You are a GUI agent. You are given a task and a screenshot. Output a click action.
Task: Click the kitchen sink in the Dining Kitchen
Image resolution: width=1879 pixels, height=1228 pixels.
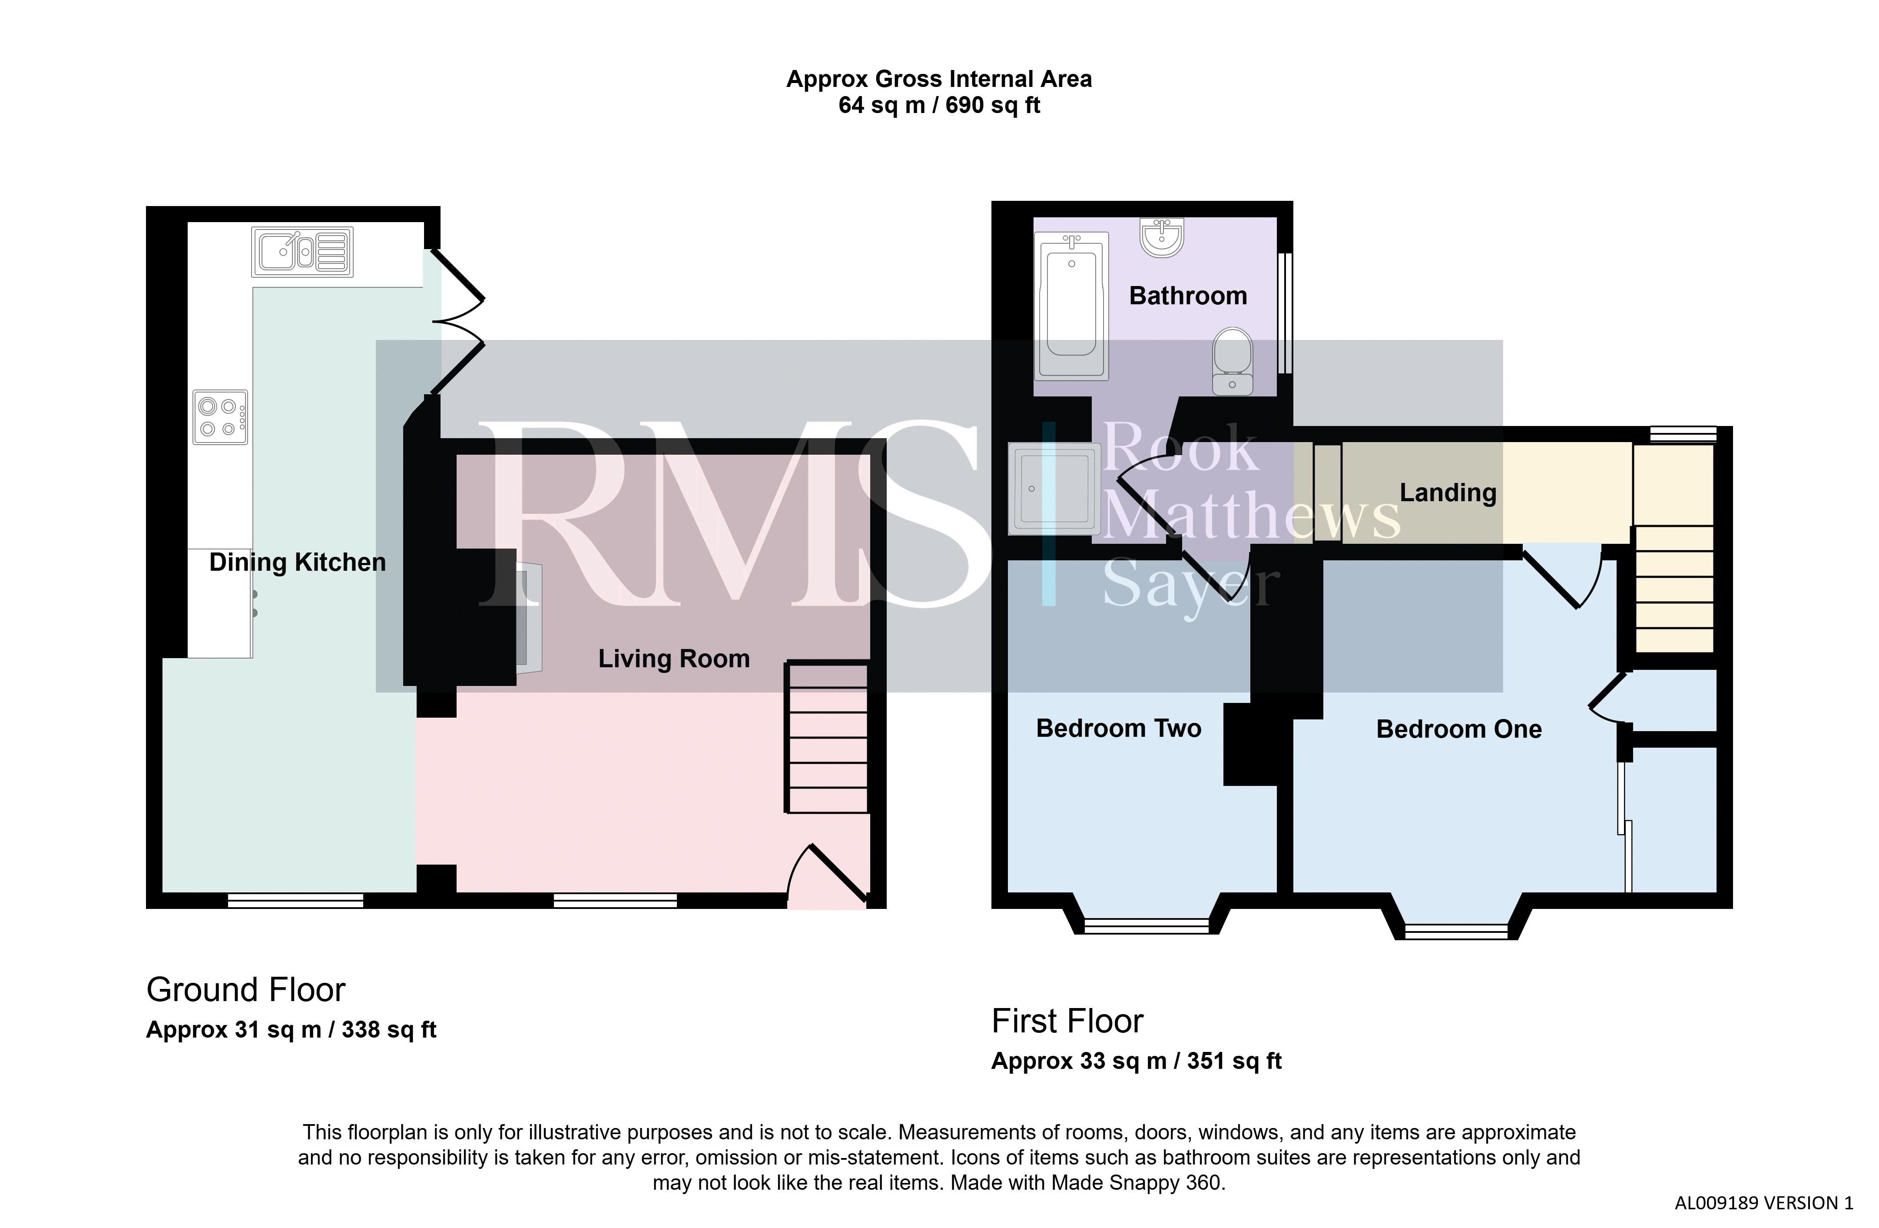(302, 252)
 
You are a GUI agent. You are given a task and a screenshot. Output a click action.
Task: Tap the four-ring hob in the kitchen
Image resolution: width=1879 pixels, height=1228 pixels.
(220, 417)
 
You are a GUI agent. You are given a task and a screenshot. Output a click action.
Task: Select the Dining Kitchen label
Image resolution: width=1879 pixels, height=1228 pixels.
(298, 562)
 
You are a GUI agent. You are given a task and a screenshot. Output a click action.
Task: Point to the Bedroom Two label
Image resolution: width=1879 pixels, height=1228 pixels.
(1119, 728)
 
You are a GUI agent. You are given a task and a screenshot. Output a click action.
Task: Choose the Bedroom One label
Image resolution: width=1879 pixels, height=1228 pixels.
(1459, 729)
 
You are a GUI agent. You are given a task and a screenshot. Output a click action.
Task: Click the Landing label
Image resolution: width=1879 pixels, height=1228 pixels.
(1448, 493)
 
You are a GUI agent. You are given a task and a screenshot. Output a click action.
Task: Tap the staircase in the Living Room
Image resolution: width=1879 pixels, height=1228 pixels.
(827, 738)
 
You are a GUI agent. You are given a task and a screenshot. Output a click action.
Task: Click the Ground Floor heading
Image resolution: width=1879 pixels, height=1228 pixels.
(246, 989)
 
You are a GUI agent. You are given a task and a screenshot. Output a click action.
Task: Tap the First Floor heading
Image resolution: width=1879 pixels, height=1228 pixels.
(1067, 1021)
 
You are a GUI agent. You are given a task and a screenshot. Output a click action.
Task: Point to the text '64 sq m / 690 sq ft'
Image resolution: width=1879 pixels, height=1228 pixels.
(939, 105)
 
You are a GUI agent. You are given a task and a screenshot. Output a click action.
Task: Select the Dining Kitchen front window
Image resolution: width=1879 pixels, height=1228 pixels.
(295, 900)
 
